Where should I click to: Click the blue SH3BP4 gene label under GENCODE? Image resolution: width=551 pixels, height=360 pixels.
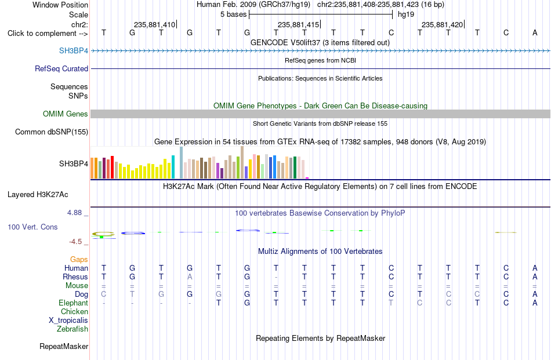coord(74,50)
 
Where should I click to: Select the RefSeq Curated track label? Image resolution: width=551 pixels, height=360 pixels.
coord(61,68)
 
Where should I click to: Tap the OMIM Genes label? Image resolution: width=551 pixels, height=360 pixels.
coord(66,114)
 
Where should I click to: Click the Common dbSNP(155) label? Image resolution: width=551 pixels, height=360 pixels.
coord(52,132)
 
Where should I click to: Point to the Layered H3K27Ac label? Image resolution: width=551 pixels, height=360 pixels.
coord(38,195)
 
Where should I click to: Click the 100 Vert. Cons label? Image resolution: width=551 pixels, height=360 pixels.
coord(32,227)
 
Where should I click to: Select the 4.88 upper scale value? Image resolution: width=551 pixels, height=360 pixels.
coord(74,213)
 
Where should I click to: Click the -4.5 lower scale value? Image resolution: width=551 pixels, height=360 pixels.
coord(75,242)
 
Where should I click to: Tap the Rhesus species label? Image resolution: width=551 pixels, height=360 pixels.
coord(75,277)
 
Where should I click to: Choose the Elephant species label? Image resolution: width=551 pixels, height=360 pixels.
coord(74,303)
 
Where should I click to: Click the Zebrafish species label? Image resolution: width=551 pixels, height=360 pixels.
coord(72,329)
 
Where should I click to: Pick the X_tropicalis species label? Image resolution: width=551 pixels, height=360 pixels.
coord(68,321)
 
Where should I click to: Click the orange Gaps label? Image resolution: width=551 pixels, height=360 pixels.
coord(79,259)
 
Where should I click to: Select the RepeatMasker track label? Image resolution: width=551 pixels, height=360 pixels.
coord(64,346)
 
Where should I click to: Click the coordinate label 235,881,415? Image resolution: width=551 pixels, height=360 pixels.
coord(298,24)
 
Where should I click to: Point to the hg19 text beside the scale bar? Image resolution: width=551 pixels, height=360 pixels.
coord(406,14)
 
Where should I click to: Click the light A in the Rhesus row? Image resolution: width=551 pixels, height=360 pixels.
coord(190,277)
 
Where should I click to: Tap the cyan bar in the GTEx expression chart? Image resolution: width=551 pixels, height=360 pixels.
coord(173,167)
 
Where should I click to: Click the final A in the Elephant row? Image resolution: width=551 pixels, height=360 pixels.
coord(535,303)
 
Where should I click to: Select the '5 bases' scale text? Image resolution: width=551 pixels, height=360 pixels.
coord(234,14)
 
